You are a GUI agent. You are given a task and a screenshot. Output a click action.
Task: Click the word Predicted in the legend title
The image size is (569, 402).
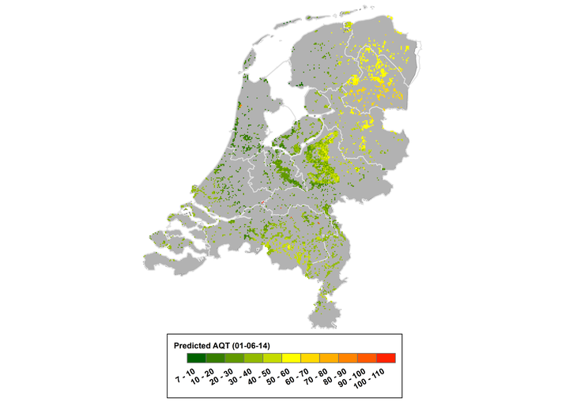pyautogui.click(x=195, y=345)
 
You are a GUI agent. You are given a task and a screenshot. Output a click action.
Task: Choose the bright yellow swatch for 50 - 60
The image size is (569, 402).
pyautogui.click(x=290, y=358)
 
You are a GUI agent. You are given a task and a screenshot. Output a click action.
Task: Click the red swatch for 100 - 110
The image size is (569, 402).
pyautogui.click(x=386, y=358)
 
